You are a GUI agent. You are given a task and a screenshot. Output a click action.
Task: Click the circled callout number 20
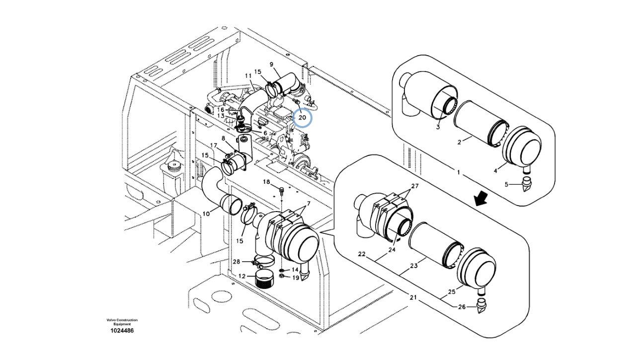[302, 118]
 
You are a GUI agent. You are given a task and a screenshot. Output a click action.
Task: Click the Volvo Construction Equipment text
[122, 322]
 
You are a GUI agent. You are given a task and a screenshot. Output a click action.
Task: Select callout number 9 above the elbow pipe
[271, 64]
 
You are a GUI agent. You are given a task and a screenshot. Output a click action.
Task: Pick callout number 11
[248, 75]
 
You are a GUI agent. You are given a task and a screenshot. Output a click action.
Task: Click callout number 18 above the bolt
[266, 182]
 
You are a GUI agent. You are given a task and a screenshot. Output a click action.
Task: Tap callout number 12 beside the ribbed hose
[241, 276]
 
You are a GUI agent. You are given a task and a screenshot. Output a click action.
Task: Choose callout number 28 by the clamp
[237, 262]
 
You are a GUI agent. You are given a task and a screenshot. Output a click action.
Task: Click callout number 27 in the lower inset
[414, 186]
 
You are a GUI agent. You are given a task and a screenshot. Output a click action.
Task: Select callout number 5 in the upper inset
[507, 185]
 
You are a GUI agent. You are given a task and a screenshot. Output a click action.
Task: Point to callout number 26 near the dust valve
[462, 307]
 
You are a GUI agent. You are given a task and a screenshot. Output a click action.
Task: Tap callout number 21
[413, 297]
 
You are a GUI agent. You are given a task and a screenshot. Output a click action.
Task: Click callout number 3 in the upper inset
[438, 127]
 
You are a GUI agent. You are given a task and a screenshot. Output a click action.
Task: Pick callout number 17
[214, 145]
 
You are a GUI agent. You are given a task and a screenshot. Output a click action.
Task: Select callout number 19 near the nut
[295, 278]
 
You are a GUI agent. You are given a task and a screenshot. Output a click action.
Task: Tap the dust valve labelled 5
[526, 186]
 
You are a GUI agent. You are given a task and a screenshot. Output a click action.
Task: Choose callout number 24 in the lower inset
[392, 250]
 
